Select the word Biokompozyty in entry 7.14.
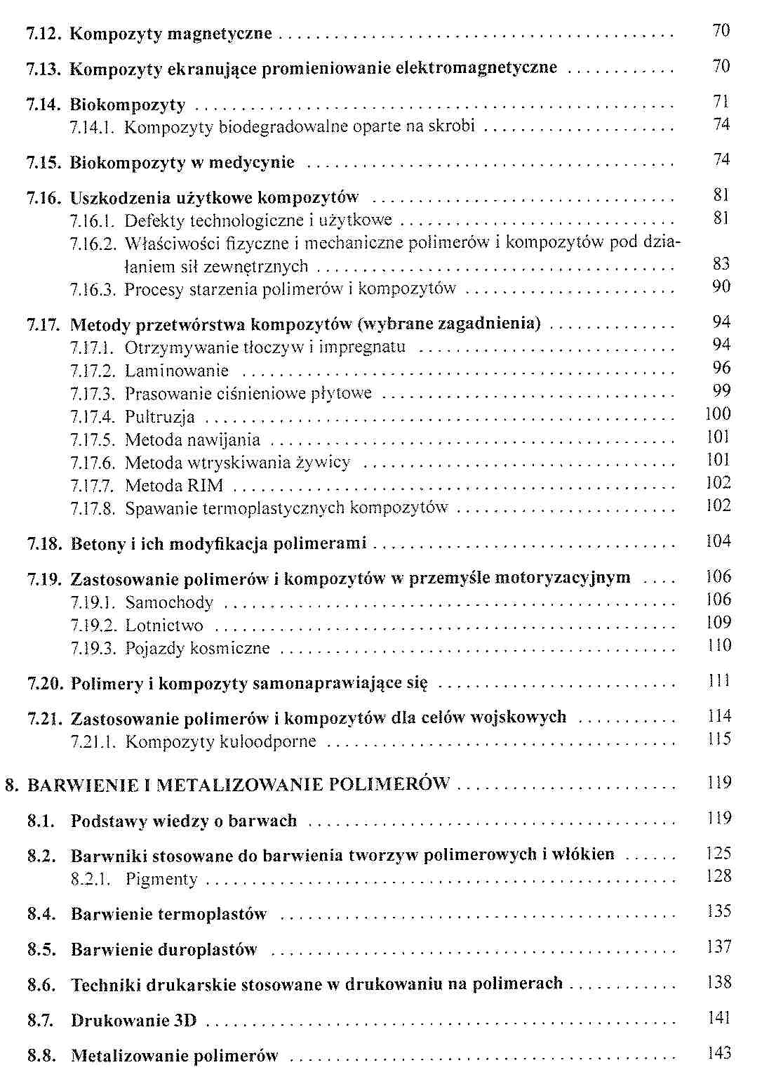(x=128, y=105)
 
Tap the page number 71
(x=721, y=102)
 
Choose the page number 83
(x=721, y=264)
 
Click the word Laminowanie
(x=177, y=371)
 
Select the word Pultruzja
(x=160, y=417)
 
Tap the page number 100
(x=718, y=414)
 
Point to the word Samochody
(x=169, y=602)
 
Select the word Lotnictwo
(x=164, y=626)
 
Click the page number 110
(x=718, y=645)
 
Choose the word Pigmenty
(x=161, y=879)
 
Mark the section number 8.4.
(x=41, y=914)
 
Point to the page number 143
(x=719, y=1053)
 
